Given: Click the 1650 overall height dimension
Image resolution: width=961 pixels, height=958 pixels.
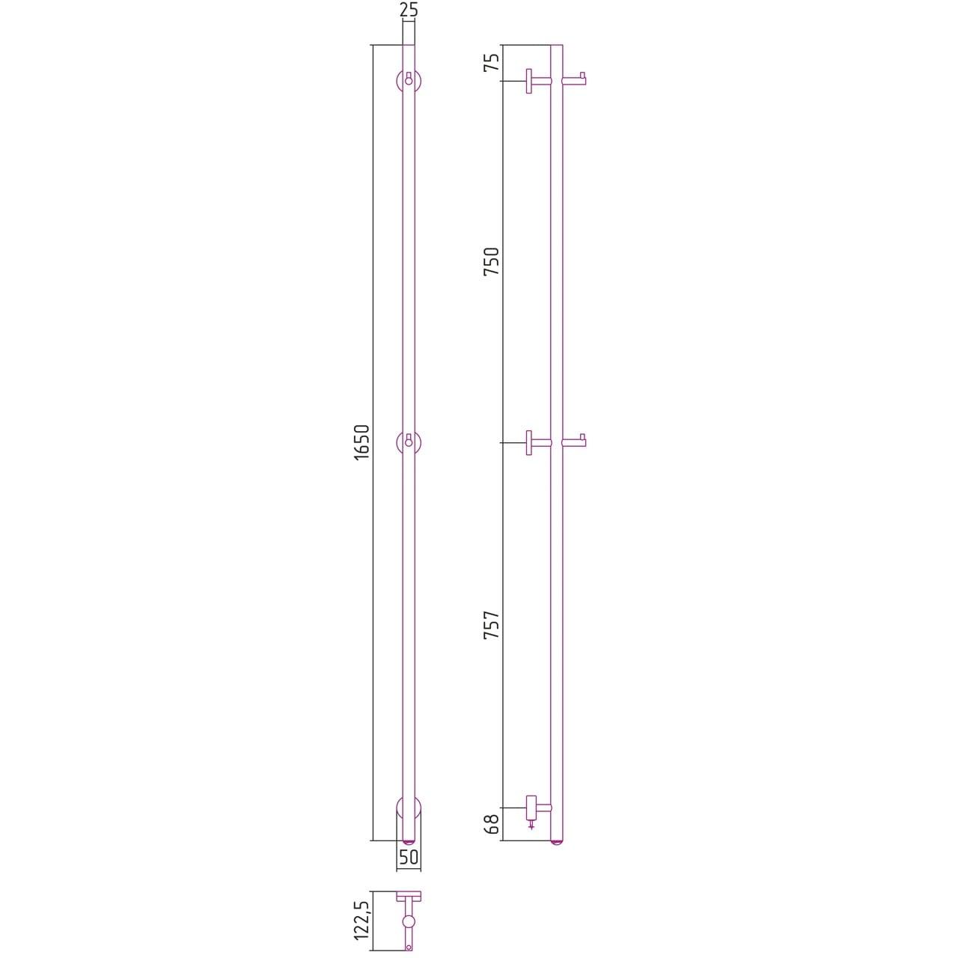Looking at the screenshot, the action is [362, 442].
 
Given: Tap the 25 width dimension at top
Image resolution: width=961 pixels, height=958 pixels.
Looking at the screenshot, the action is [409, 10].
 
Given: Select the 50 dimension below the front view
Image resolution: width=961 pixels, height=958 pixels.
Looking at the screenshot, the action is [409, 858].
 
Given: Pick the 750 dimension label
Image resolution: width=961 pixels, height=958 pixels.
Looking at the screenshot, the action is [491, 262].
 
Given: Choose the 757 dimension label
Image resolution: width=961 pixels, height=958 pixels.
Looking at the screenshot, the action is [491, 625].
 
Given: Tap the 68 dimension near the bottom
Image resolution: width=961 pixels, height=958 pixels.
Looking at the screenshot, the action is [491, 824].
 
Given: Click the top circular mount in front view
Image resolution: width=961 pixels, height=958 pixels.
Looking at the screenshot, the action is [409, 81].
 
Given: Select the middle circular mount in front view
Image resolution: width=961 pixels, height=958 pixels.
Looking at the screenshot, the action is [409, 443].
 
